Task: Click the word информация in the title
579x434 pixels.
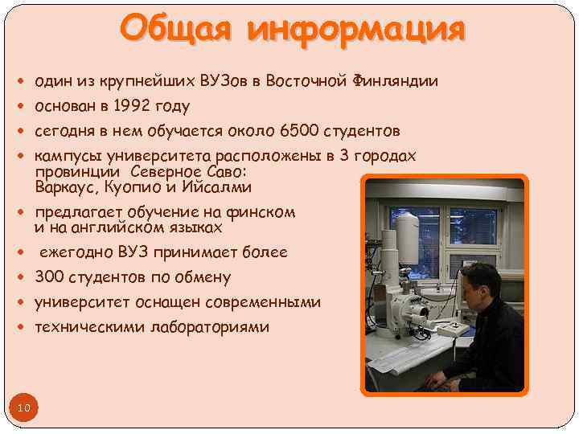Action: point(356,30)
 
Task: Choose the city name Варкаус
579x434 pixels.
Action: point(64,187)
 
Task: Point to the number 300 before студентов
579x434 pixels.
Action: point(48,278)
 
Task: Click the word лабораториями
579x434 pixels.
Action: point(213,328)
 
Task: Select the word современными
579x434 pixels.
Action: point(263,303)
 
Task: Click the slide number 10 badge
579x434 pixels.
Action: point(23,408)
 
